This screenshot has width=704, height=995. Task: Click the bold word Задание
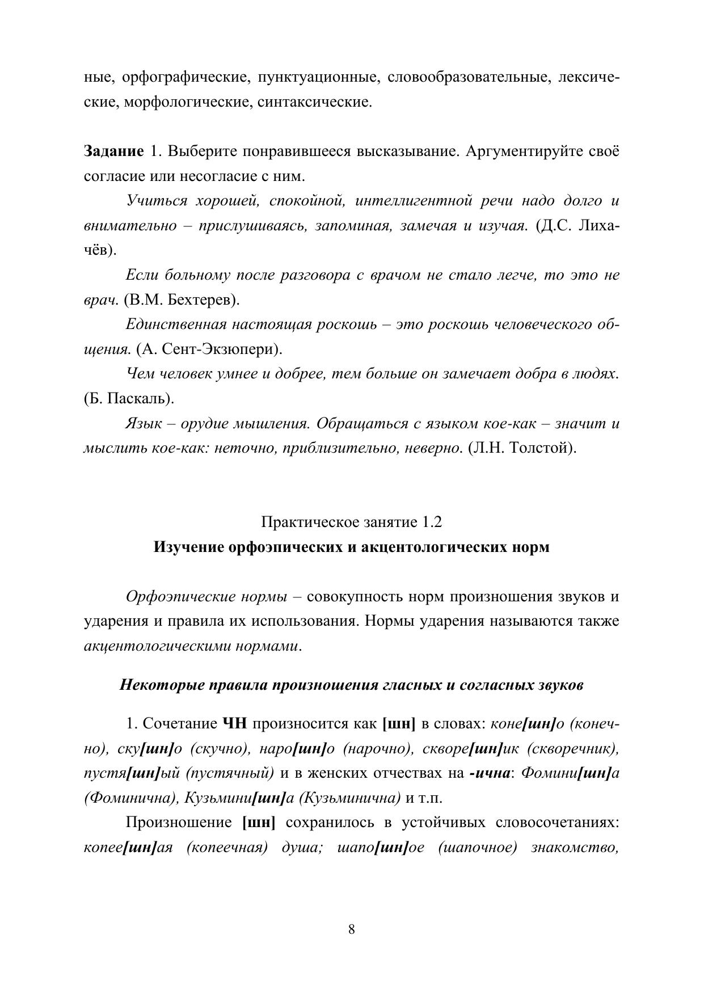[113, 151]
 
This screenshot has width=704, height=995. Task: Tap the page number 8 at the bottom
[352, 929]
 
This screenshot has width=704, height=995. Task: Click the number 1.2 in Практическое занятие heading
[432, 522]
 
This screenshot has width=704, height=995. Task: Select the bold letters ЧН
[234, 724]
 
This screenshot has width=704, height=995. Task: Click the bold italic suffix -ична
[490, 773]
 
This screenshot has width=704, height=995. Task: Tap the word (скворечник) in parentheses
[572, 749]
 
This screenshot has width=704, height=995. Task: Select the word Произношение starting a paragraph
[178, 823]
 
